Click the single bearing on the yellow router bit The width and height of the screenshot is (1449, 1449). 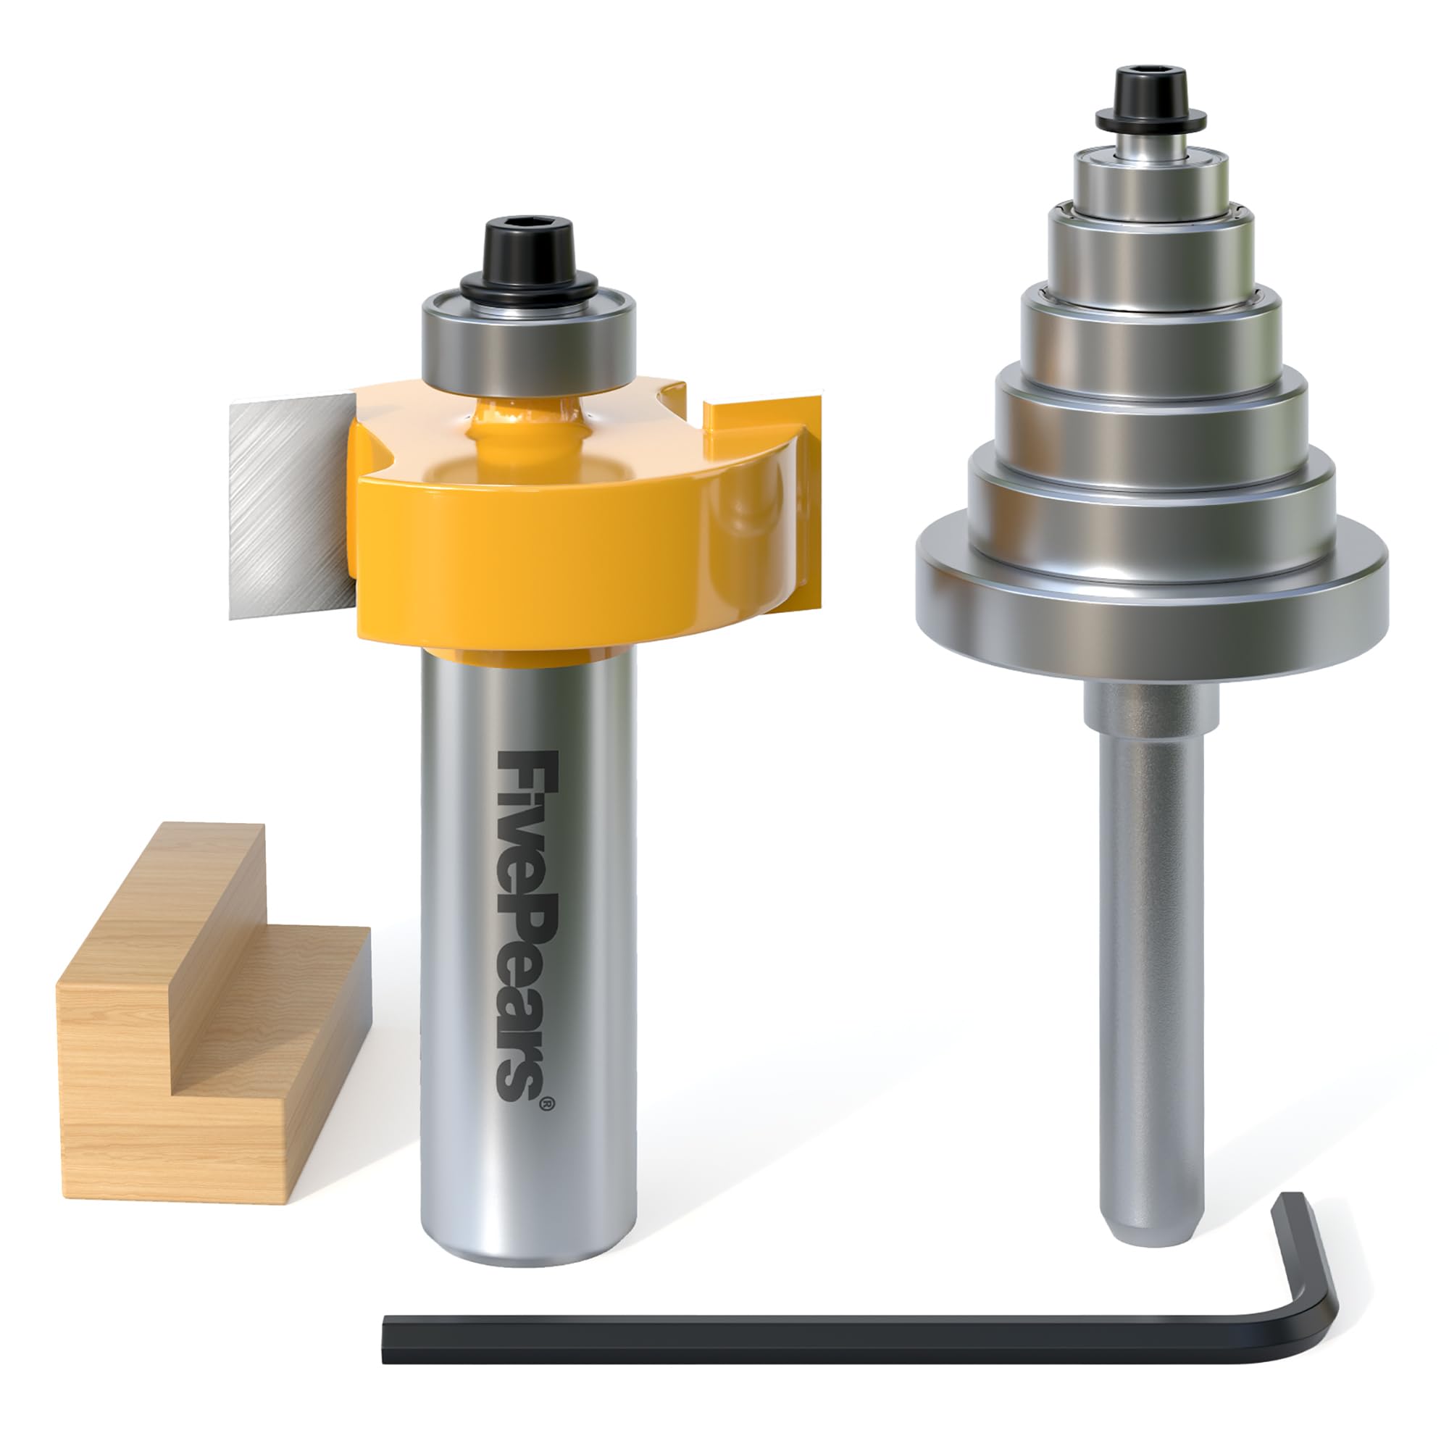point(528,345)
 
